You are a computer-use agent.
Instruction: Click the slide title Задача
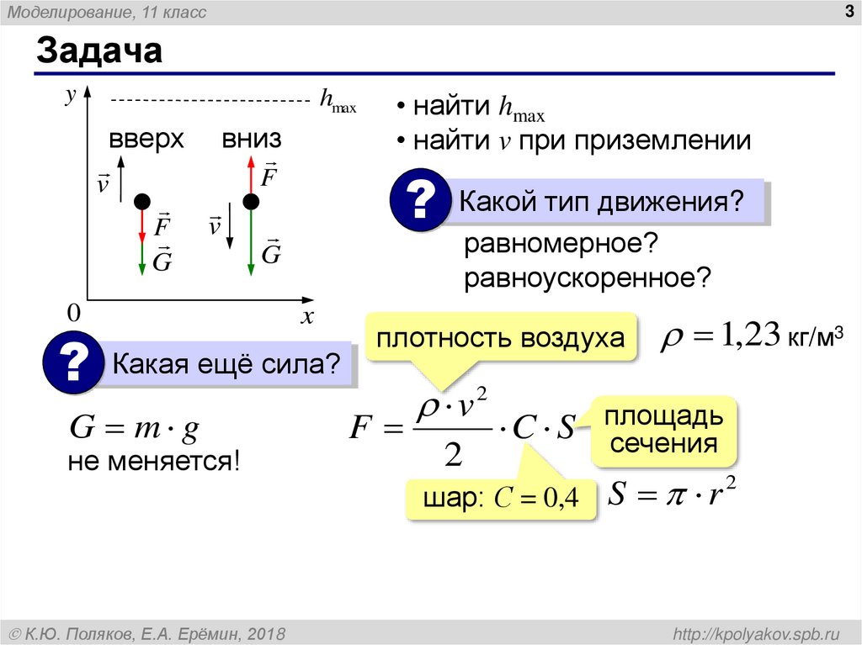coord(98,52)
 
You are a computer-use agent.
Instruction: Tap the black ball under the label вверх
coord(142,201)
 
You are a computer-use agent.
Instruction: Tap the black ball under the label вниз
coord(250,201)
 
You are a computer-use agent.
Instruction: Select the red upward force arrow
coord(250,174)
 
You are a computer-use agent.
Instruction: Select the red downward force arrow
coord(142,225)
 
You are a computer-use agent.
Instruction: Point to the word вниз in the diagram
coord(252,139)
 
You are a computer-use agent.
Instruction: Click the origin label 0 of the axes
coord(73,314)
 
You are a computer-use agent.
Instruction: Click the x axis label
coord(307,317)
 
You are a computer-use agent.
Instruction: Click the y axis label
coord(71,98)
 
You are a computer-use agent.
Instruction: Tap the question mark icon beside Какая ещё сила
coord(72,364)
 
